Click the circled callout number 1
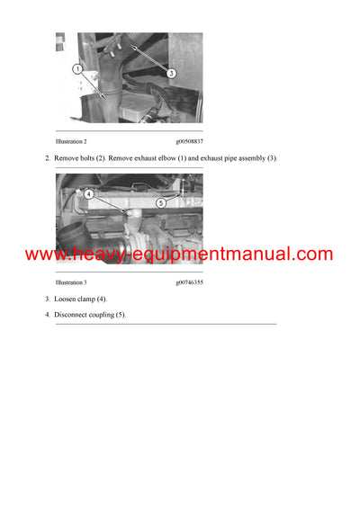pyautogui.click(x=78, y=68)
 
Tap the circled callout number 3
pyautogui.click(x=172, y=74)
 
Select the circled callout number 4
pyautogui.click(x=89, y=193)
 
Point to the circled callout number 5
pyautogui.click(x=161, y=203)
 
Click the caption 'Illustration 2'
pyautogui.click(x=71, y=142)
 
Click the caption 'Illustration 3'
pyautogui.click(x=71, y=282)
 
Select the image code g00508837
pyautogui.click(x=189, y=142)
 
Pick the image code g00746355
pyautogui.click(x=189, y=282)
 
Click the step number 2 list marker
pyautogui.click(x=47, y=158)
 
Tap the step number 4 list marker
pyautogui.click(x=47, y=315)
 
